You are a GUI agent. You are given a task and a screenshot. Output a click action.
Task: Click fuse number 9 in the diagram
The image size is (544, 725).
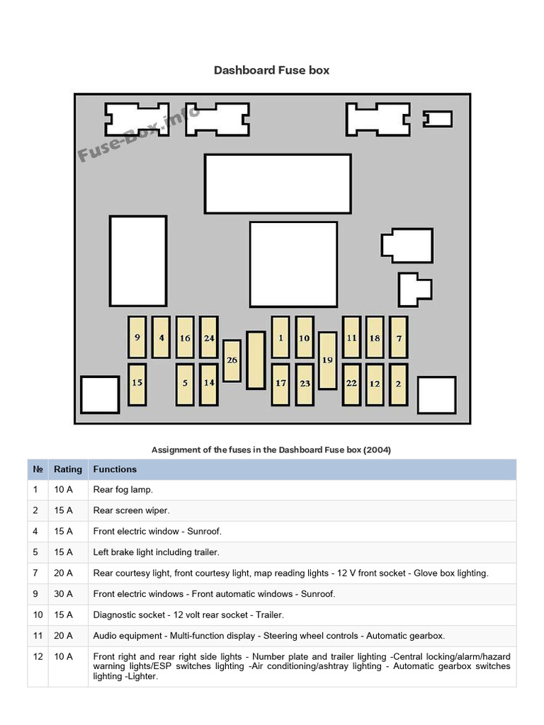[x=137, y=337]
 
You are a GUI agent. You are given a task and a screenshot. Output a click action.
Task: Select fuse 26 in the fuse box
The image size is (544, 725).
[x=232, y=360]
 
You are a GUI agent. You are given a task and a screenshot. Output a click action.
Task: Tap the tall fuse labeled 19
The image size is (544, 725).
[x=327, y=360]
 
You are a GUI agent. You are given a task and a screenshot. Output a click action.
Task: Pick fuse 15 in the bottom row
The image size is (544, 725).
[x=137, y=384]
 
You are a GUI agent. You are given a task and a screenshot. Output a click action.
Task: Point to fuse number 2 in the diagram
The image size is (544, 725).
[x=398, y=384]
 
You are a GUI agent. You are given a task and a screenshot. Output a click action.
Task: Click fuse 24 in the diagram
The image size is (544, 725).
[x=209, y=337]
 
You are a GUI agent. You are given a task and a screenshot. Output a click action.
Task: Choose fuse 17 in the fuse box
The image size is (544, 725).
[x=280, y=384]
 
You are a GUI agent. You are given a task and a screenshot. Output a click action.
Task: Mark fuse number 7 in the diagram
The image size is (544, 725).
[x=398, y=337]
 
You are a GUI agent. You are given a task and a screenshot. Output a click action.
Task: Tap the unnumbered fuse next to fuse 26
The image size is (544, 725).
[x=256, y=360]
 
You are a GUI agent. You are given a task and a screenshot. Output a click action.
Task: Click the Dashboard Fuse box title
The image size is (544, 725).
[x=271, y=70]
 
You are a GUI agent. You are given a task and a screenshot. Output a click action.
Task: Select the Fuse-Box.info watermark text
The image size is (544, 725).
[x=139, y=133]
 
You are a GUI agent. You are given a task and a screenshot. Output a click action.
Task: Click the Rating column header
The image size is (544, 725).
[x=67, y=469]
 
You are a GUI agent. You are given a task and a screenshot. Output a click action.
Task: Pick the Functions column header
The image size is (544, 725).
[x=115, y=469]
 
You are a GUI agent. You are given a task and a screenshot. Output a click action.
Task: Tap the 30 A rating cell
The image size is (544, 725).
[x=63, y=594]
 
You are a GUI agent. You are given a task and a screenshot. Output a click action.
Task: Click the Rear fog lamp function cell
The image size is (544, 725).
[x=123, y=490]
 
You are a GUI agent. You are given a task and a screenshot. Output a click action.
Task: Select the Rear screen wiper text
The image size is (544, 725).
[x=131, y=510]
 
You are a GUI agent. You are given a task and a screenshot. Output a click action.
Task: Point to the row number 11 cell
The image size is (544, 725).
[x=38, y=636]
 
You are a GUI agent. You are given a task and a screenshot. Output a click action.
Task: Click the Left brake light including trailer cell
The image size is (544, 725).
[x=156, y=552]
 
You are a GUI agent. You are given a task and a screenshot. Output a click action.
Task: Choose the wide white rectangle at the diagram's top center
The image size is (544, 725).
[x=278, y=184]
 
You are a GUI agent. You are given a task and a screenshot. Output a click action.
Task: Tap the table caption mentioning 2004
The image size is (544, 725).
[x=271, y=450]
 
